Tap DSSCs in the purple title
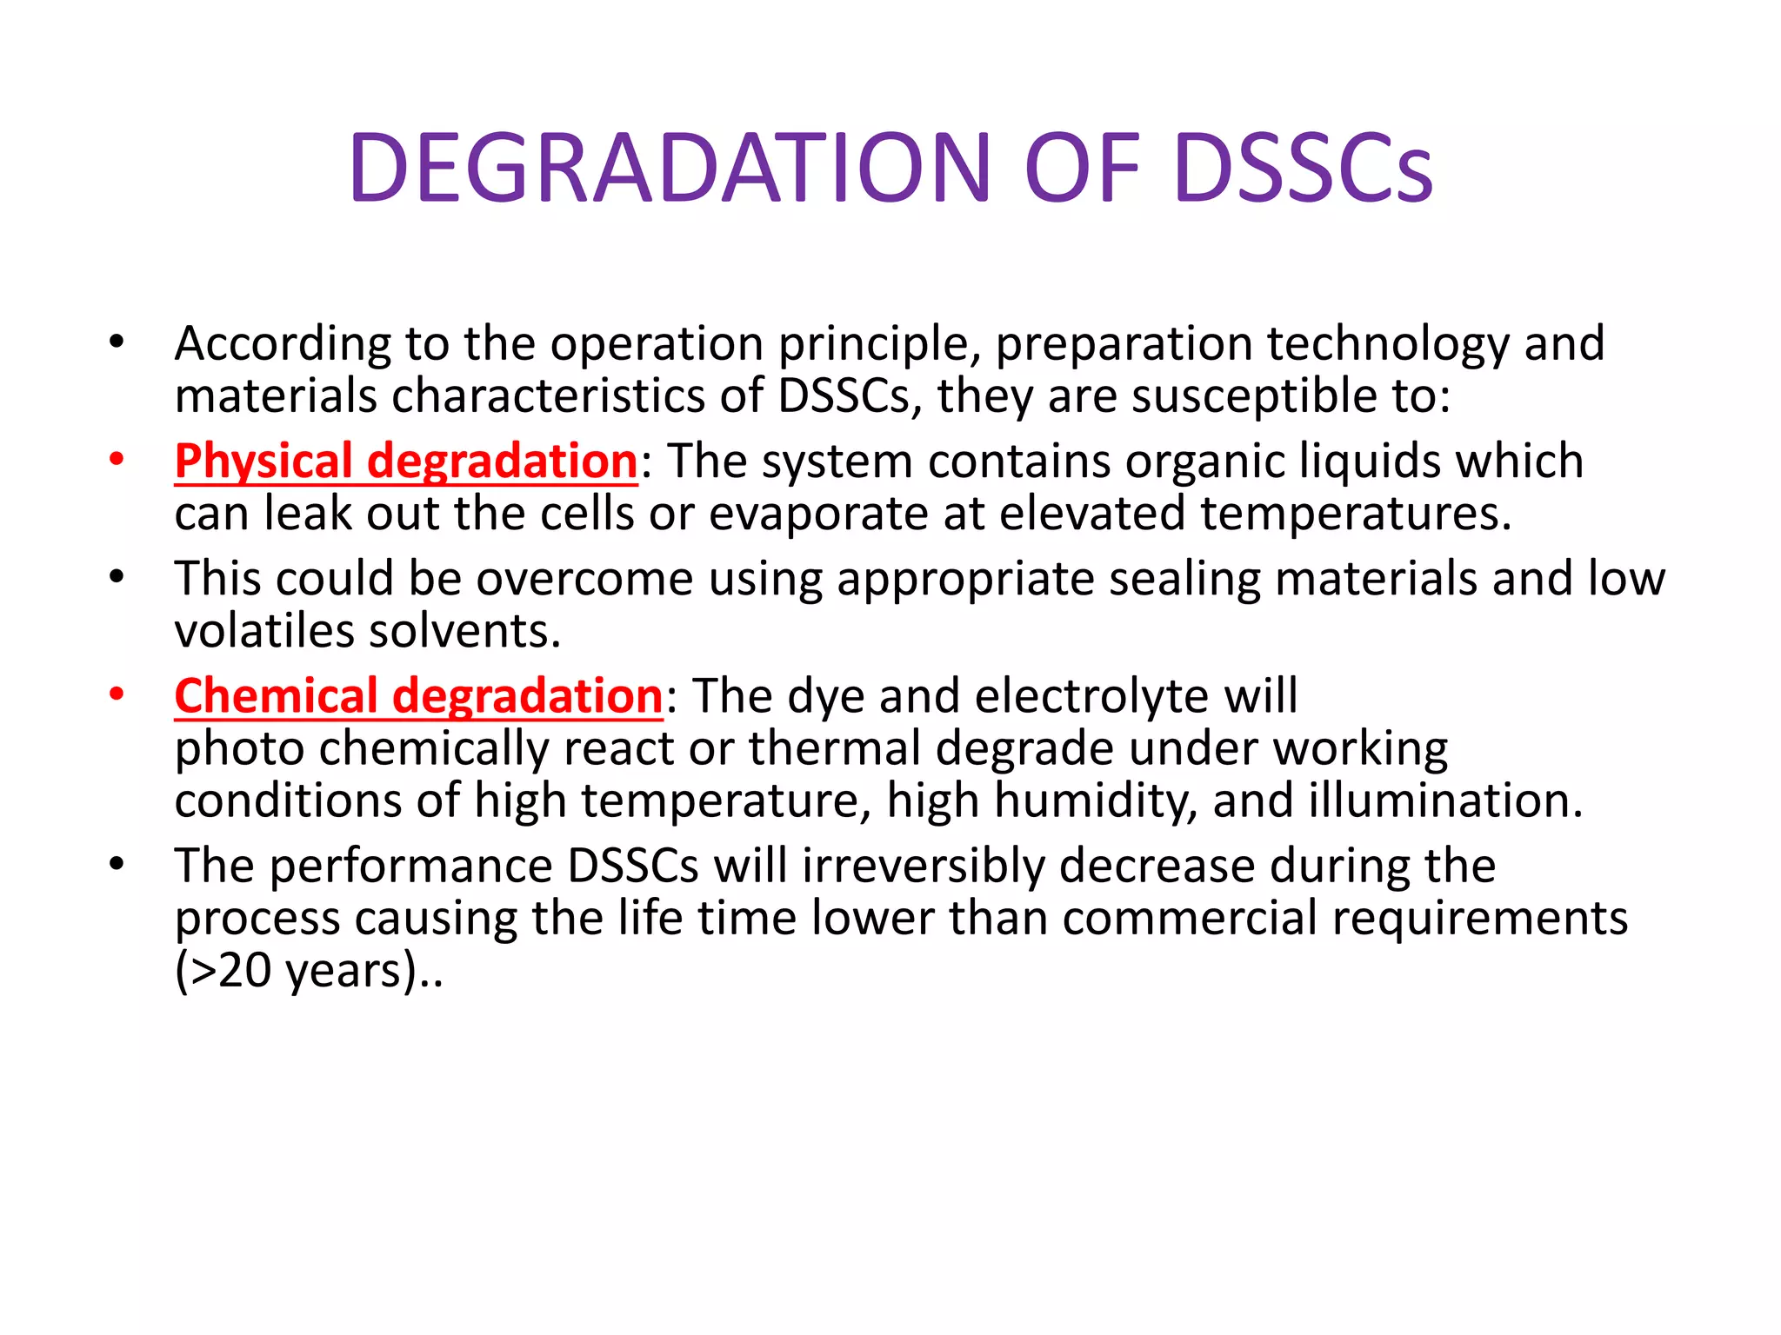1303,168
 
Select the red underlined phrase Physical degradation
406,461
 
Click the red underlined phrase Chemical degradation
418,696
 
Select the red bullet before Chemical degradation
117,694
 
